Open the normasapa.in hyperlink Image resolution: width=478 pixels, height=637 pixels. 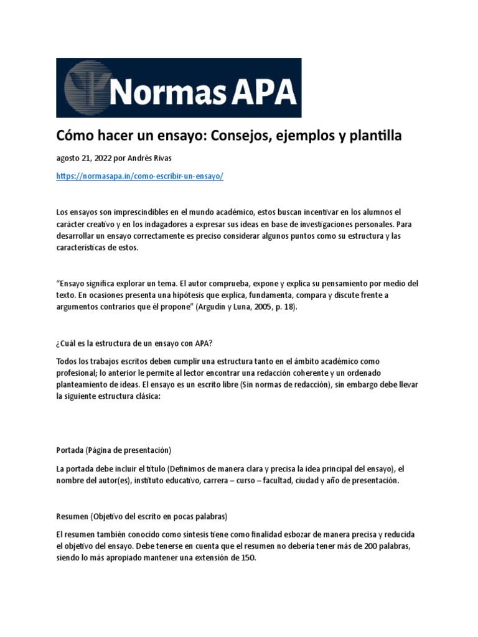click(x=139, y=176)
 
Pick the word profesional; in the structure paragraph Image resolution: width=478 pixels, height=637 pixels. click(x=77, y=372)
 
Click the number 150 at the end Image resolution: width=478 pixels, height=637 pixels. click(x=247, y=558)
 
